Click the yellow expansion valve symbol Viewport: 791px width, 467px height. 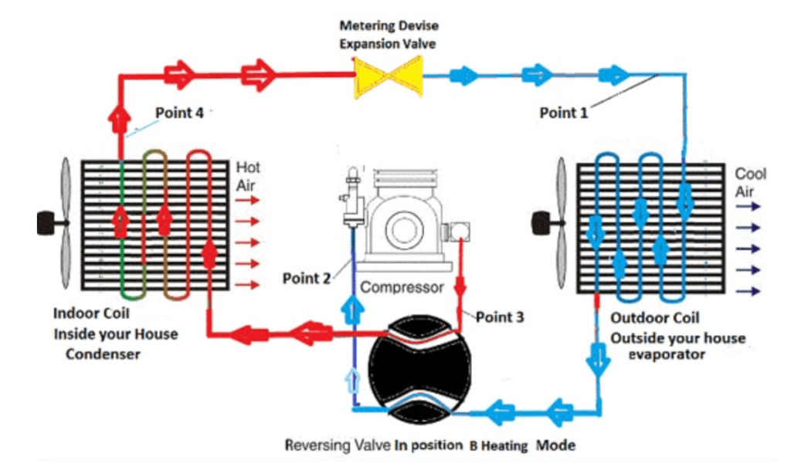pos(388,76)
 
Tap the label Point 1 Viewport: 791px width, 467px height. pos(564,113)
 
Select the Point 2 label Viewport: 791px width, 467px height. pos(306,278)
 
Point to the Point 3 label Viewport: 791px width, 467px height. pos(500,316)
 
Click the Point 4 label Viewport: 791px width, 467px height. pos(179,113)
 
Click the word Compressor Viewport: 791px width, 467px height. pos(402,287)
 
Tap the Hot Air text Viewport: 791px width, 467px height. pos(248,177)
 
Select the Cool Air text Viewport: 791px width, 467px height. pos(750,183)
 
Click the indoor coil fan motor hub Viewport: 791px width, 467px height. pos(47,223)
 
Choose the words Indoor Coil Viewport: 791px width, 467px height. pos(91,313)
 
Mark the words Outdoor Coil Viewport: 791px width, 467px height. pos(655,318)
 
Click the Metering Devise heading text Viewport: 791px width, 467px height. pos(389,25)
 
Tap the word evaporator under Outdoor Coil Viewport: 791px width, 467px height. pos(667,354)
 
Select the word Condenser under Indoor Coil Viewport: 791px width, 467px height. pos(103,354)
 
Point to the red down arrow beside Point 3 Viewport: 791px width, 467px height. pos(460,286)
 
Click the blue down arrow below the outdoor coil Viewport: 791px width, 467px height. pos(599,360)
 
